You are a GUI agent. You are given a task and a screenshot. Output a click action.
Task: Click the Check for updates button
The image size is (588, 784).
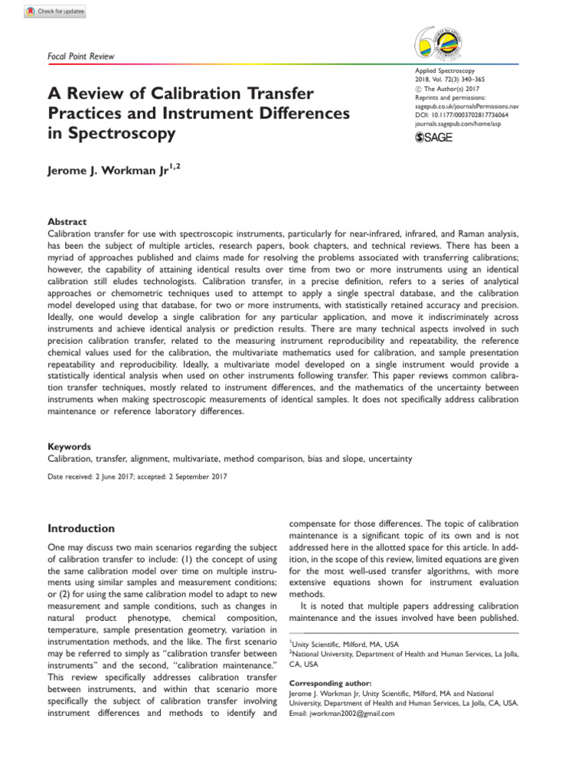coord(55,11)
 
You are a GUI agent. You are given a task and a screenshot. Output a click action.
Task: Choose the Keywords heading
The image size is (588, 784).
coord(70,446)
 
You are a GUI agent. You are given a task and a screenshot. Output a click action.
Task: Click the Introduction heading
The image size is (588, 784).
coord(81,528)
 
